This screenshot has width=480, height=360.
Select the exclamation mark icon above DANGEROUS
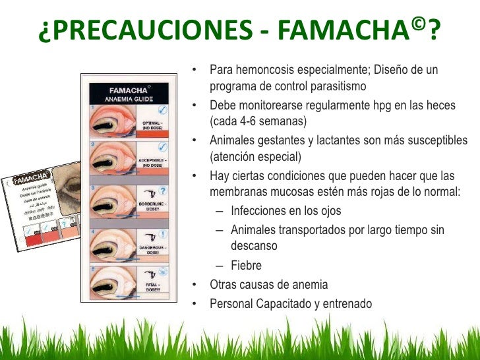pyautogui.click(x=162, y=233)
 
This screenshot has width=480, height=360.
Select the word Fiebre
pyautogui.click(x=246, y=266)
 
